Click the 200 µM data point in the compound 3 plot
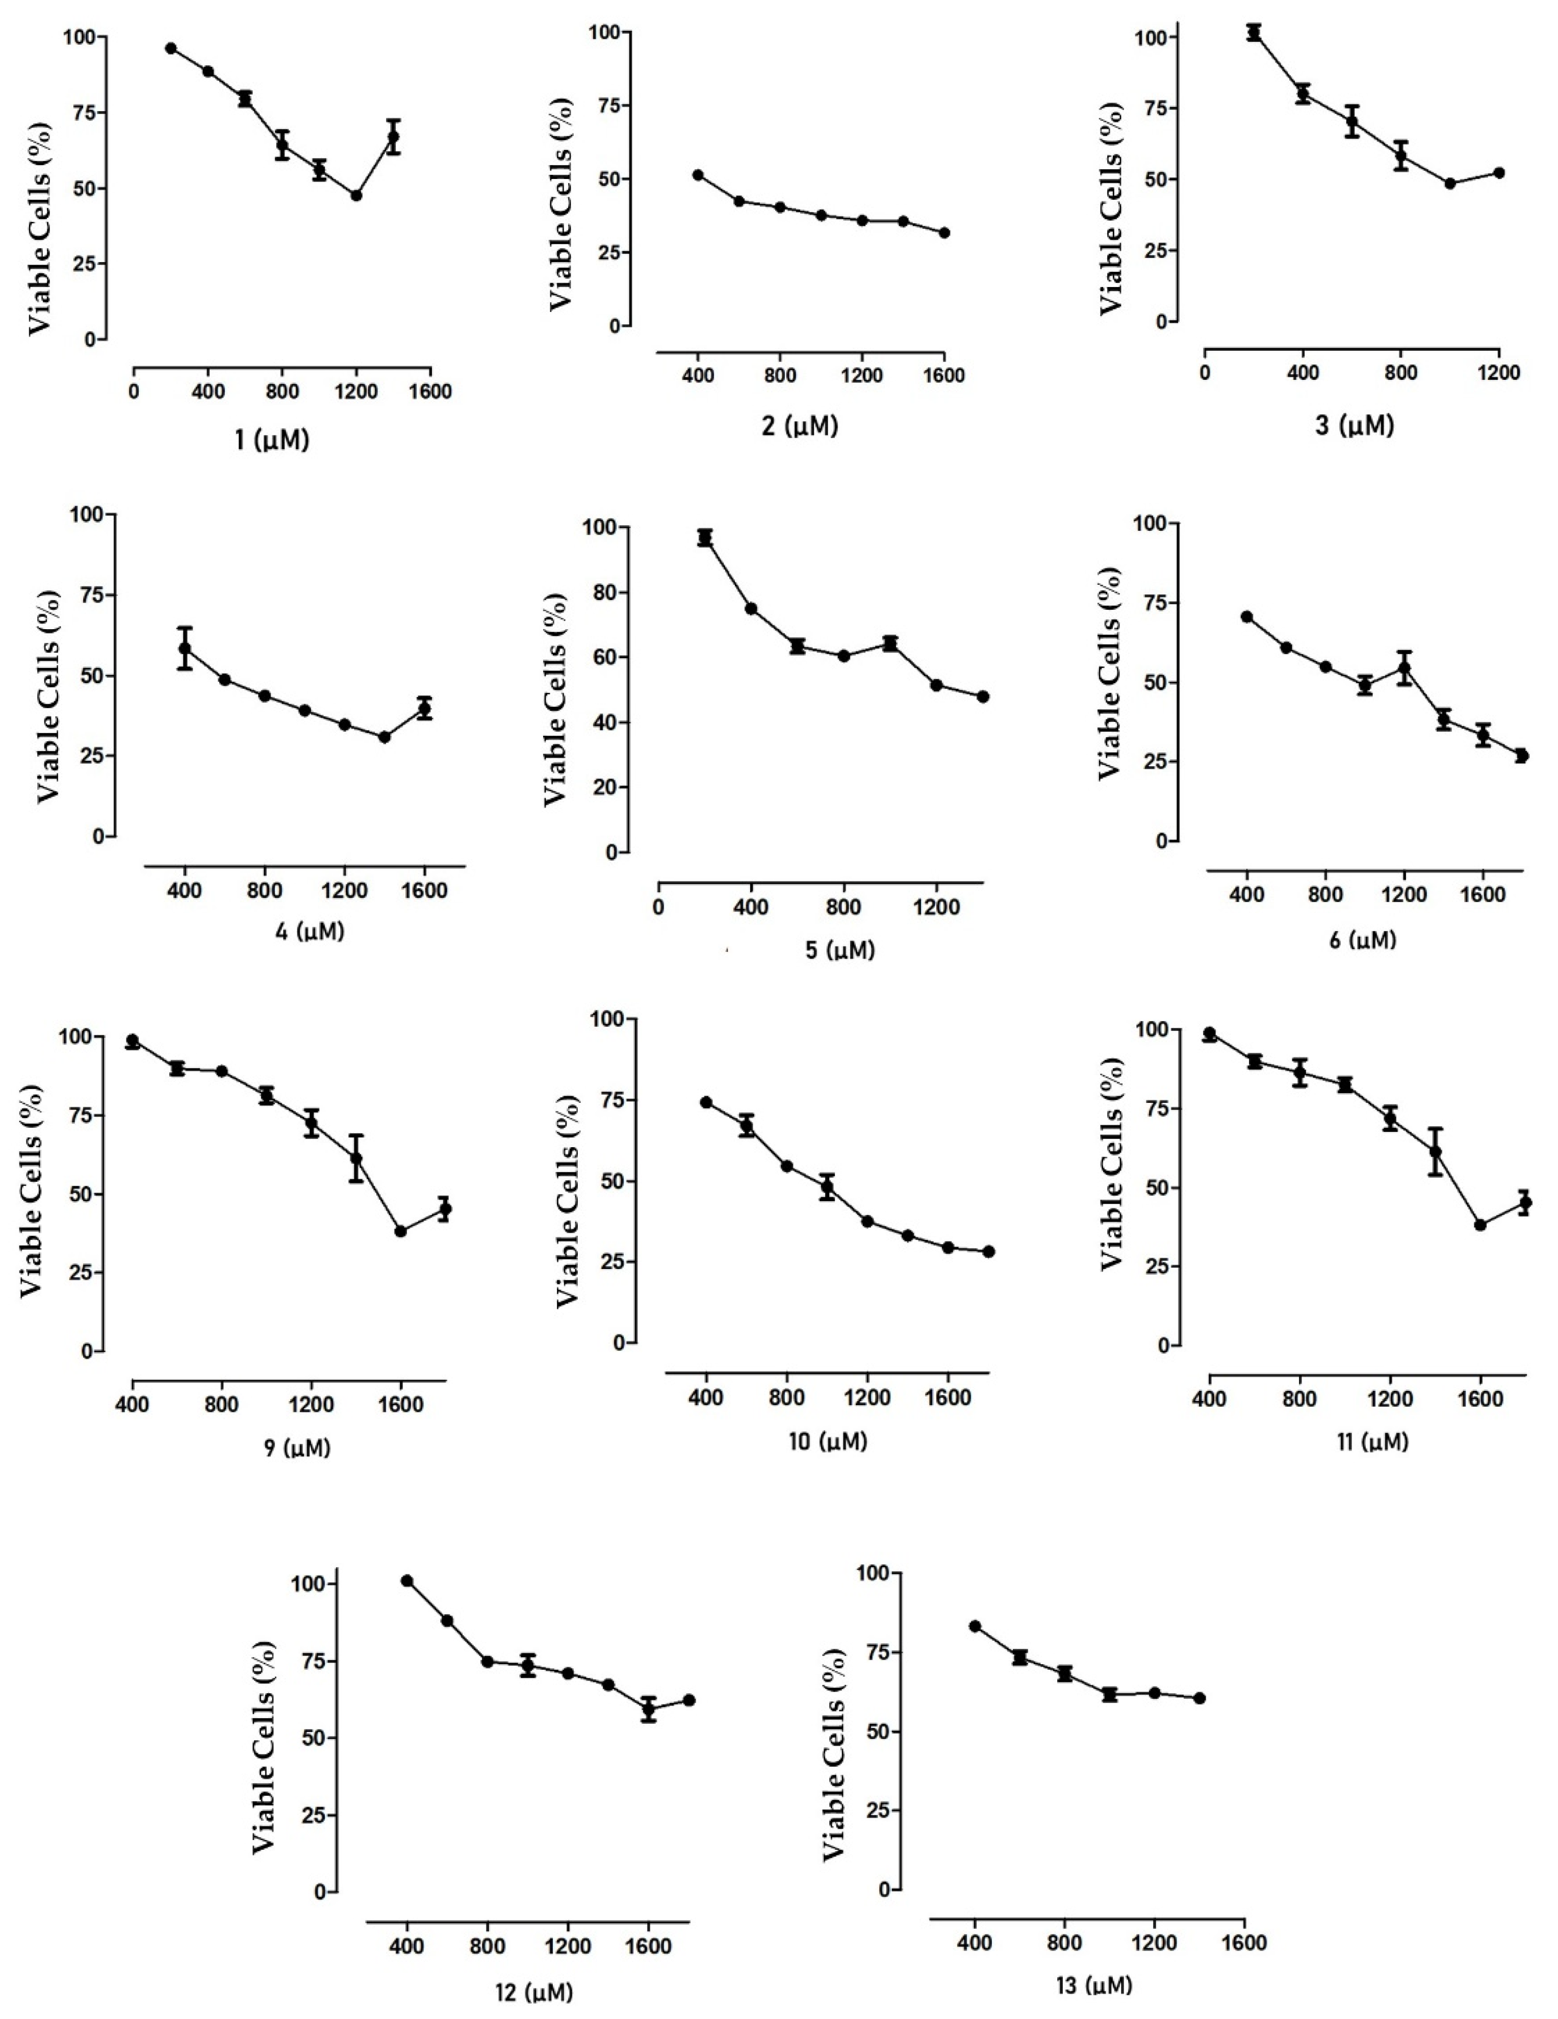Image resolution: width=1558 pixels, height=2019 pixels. coord(1254,33)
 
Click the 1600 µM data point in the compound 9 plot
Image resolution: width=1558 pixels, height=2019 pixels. coord(400,1231)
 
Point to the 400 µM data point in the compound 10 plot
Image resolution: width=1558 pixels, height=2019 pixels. coord(706,1102)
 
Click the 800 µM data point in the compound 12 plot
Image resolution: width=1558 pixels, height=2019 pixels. coord(487,1661)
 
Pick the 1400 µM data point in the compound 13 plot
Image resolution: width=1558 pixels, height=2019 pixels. coord(1199,1698)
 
